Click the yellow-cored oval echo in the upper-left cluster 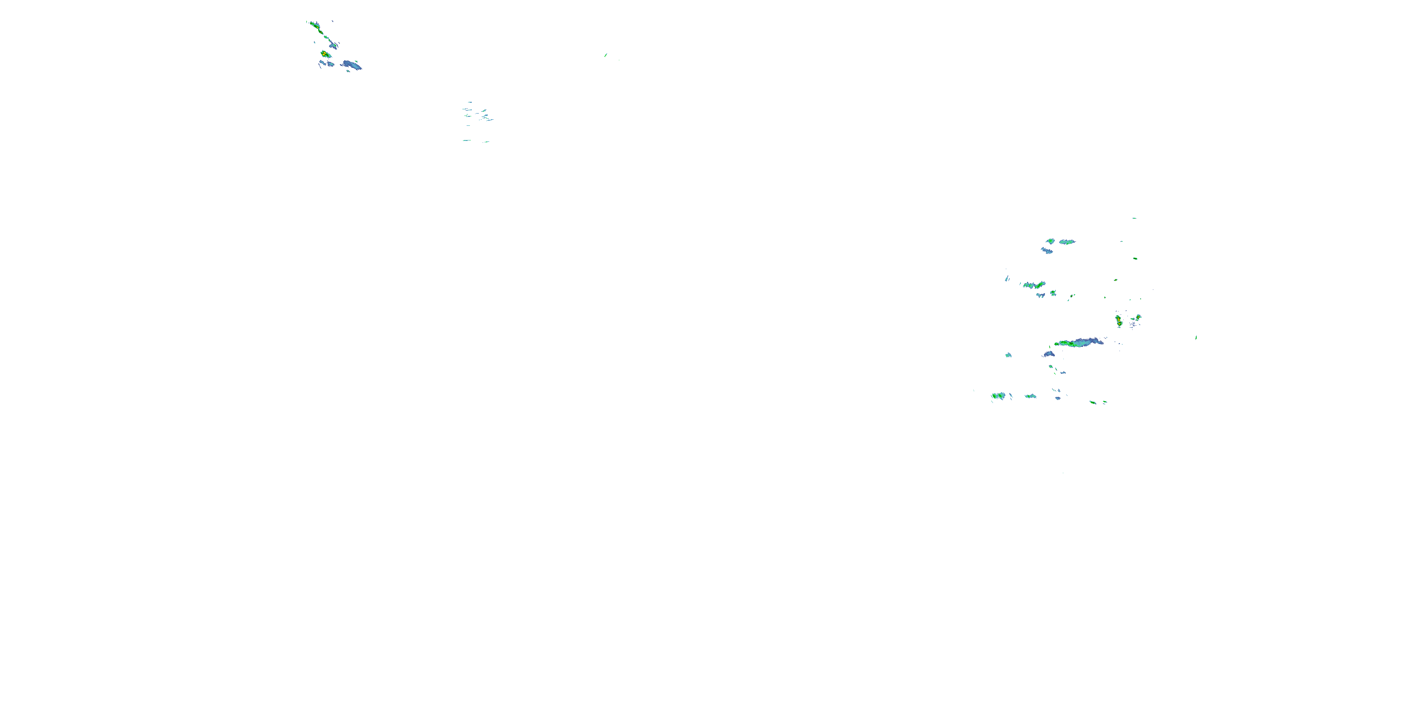325,54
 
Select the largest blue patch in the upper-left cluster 351,66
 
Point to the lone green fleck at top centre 606,55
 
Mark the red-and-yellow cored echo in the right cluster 1118,320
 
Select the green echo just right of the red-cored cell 1138,317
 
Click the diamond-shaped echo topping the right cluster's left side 1050,241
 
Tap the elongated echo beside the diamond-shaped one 1067,241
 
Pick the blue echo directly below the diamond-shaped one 1047,251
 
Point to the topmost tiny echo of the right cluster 1134,218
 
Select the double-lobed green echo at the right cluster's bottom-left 998,396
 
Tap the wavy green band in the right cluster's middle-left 1034,285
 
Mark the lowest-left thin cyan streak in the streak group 467,140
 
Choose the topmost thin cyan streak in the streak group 470,102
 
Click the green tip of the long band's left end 1058,344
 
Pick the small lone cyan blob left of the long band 1008,355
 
